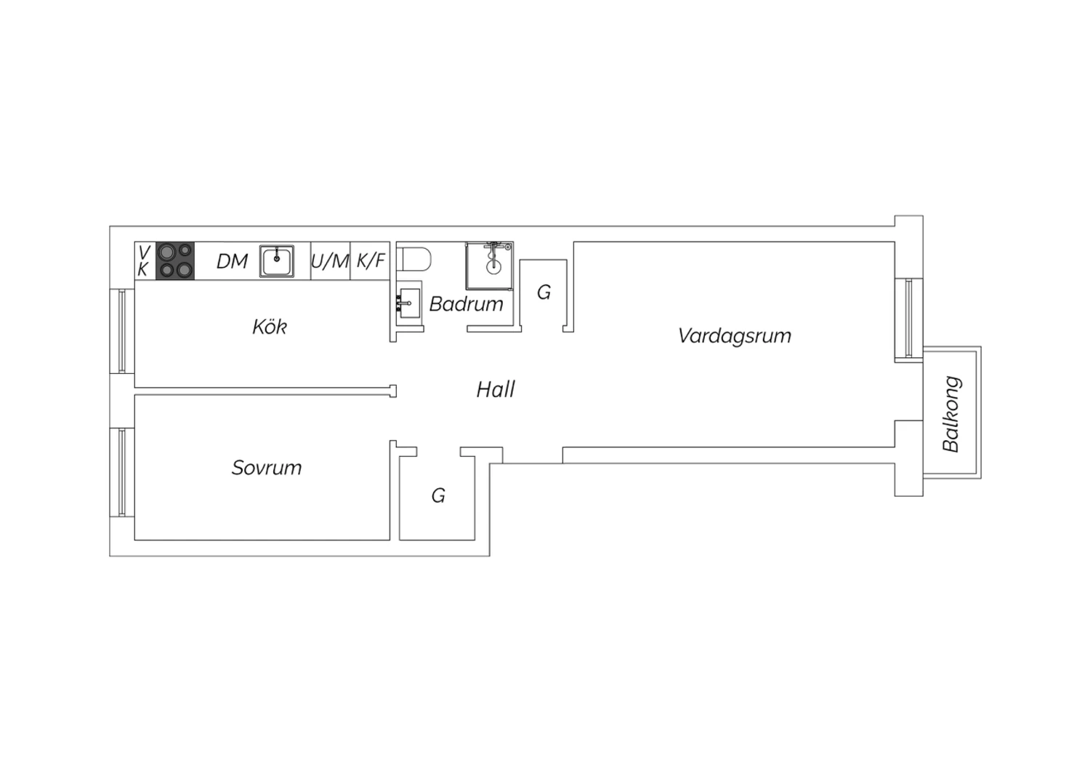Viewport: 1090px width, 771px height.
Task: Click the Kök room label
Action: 270,327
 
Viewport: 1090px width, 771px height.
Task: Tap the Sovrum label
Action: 267,468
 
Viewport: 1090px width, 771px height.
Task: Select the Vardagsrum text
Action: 735,336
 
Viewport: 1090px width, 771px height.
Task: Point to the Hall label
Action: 496,390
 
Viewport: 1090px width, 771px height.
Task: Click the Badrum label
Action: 467,304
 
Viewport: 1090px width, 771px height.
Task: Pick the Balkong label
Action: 951,414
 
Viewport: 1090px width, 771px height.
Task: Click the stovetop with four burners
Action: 175,261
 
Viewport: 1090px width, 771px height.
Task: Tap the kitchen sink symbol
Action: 276,261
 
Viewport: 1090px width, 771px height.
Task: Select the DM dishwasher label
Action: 232,262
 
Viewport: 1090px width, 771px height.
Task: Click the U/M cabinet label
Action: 330,262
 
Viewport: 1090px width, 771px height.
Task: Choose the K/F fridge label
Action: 371,260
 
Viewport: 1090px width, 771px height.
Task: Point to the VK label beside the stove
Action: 144,261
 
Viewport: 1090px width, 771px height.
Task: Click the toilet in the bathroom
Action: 413,259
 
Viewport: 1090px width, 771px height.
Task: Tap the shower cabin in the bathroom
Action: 489,266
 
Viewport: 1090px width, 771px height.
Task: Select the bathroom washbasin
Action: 408,303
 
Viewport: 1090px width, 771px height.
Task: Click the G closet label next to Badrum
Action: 544,292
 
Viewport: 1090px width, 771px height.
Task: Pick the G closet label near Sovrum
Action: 438,496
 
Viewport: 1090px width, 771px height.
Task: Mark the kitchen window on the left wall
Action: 122,331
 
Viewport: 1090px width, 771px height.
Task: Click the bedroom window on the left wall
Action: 122,472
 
